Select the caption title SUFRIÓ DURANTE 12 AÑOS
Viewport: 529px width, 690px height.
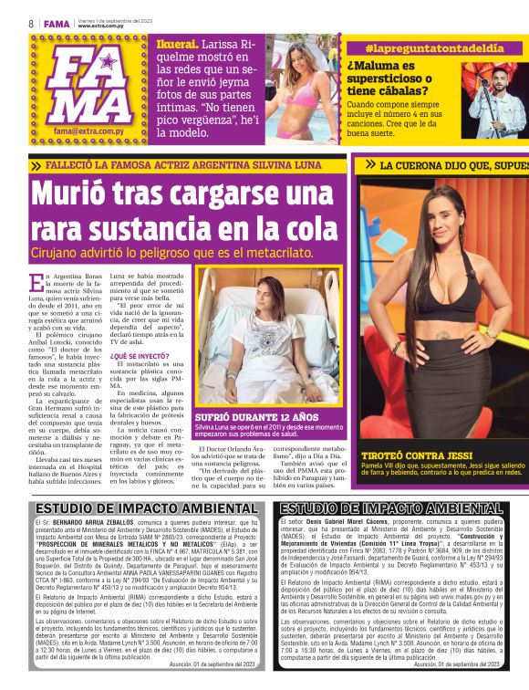coord(248,417)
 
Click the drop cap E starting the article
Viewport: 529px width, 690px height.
coord(36,279)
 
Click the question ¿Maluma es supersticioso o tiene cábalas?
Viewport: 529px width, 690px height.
coord(399,78)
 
